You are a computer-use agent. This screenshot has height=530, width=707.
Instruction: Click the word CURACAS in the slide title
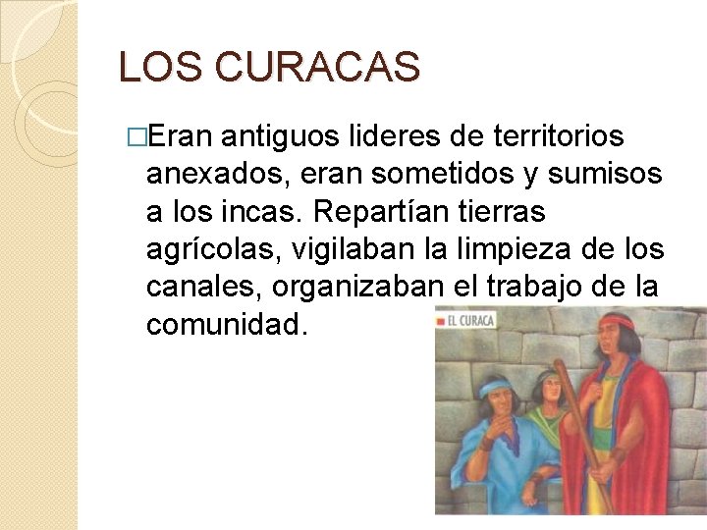pyautogui.click(x=319, y=67)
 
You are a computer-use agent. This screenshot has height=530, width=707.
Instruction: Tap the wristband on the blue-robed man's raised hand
pyautogui.click(x=486, y=443)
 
